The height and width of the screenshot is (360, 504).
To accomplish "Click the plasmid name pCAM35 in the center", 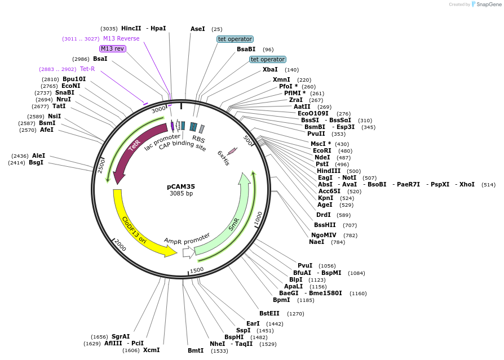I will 181,186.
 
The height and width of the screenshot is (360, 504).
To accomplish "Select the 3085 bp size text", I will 181,194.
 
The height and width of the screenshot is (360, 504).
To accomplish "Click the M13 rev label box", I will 112,48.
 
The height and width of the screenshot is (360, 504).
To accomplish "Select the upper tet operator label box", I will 235,39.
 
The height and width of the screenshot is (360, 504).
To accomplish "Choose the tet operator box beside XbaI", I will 268,59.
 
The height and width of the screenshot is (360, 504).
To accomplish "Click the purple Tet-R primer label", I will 87,69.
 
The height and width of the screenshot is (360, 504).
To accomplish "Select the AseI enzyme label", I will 198,28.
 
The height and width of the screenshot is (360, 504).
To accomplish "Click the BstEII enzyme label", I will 269,313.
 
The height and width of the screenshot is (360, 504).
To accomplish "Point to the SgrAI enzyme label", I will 121,336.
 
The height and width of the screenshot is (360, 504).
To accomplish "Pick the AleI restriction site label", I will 38,155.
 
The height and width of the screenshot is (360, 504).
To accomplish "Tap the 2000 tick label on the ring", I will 120,245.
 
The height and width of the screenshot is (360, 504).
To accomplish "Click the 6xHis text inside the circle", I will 223,157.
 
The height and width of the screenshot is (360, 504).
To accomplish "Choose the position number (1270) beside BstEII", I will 295,313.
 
